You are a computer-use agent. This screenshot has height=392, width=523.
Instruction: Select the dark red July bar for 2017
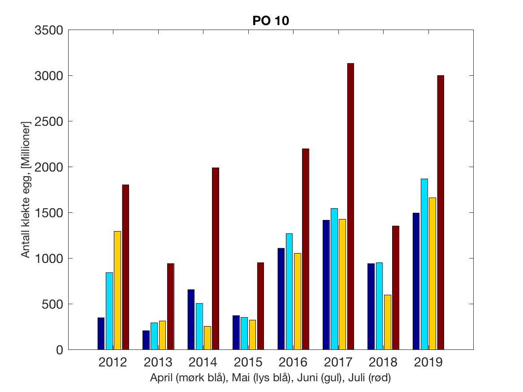pos(350,206)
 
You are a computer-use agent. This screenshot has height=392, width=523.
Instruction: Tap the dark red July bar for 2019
pos(441,212)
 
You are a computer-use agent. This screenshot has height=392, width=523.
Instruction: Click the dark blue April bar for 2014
pos(191,319)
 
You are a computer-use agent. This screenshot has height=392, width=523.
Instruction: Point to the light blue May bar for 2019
pos(424,264)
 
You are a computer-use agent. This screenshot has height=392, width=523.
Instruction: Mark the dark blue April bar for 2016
pos(281,299)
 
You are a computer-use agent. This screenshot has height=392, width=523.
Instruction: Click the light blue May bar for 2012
pos(109,311)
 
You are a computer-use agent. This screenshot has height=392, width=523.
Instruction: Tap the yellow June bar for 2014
pos(207,338)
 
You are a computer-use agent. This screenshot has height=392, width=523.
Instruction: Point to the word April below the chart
pos(162,378)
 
